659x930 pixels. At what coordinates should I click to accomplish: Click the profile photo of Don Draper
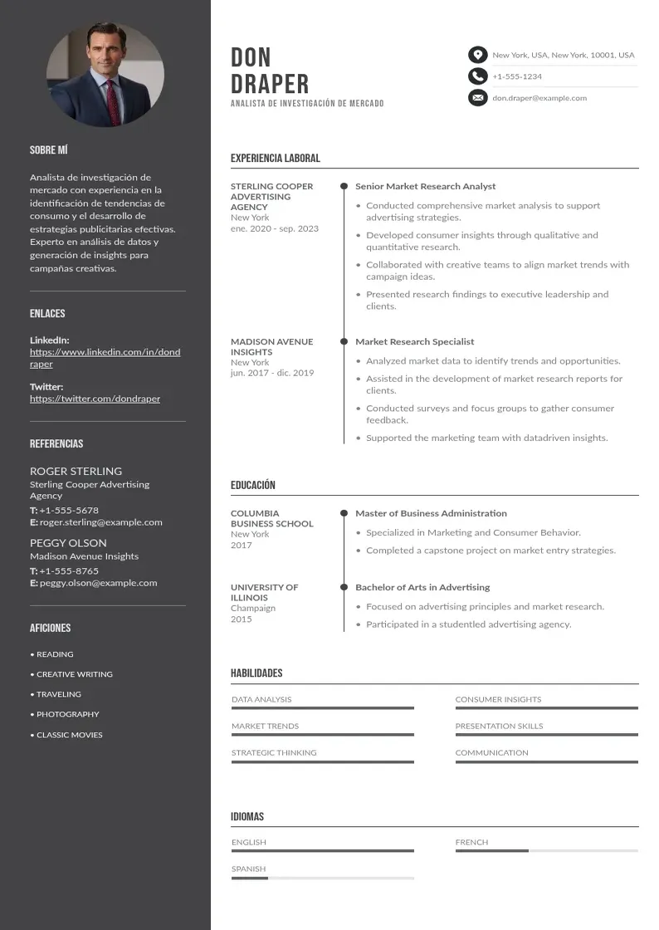[x=105, y=74]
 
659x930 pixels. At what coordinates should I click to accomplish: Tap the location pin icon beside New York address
[x=477, y=55]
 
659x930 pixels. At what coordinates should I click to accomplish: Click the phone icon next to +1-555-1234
[x=477, y=76]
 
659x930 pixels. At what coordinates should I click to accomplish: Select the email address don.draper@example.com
[x=539, y=98]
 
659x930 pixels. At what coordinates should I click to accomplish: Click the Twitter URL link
[x=95, y=399]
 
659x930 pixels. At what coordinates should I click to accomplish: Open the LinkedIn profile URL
[x=105, y=358]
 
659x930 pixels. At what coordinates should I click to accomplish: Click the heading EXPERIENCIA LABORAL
[x=275, y=158]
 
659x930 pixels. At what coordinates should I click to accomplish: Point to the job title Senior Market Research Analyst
[x=425, y=187]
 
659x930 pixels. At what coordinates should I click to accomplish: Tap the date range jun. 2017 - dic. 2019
[x=272, y=373]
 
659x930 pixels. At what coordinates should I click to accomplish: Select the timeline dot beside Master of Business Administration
[x=344, y=513]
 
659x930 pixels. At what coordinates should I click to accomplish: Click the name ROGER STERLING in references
[x=76, y=471]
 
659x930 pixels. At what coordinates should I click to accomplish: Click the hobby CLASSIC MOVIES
[x=69, y=735]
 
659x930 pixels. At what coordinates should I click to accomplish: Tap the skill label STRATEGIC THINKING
[x=274, y=753]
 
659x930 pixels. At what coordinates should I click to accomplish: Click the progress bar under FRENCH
[x=546, y=851]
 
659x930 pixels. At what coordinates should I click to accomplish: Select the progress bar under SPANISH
[x=322, y=878]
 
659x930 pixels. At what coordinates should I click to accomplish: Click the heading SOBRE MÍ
[x=48, y=150]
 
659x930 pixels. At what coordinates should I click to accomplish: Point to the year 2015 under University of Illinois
[x=241, y=619]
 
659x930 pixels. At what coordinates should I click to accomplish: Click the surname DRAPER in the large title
[x=270, y=84]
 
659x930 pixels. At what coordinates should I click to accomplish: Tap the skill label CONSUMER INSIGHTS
[x=498, y=700]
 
